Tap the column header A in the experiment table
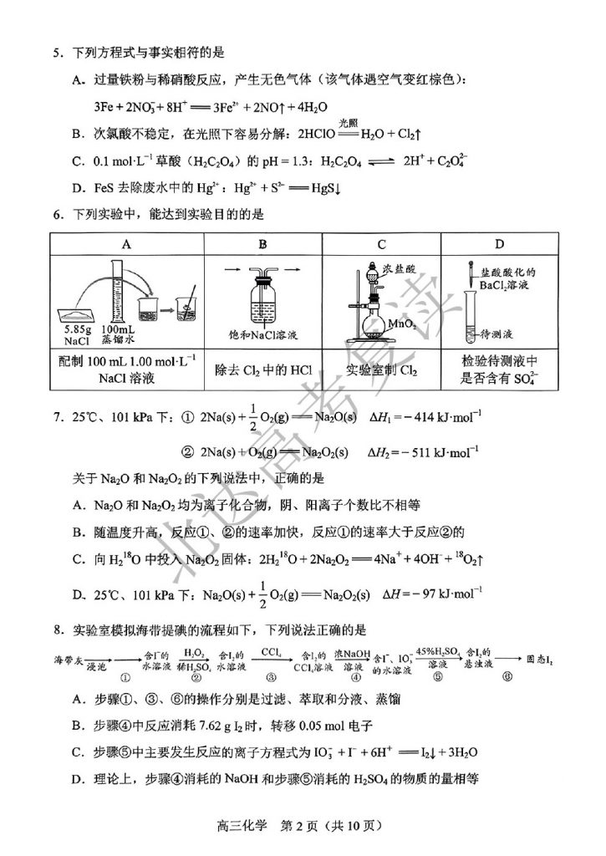tap(126, 244)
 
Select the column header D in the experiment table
tap(499, 244)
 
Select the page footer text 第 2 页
tap(303, 827)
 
